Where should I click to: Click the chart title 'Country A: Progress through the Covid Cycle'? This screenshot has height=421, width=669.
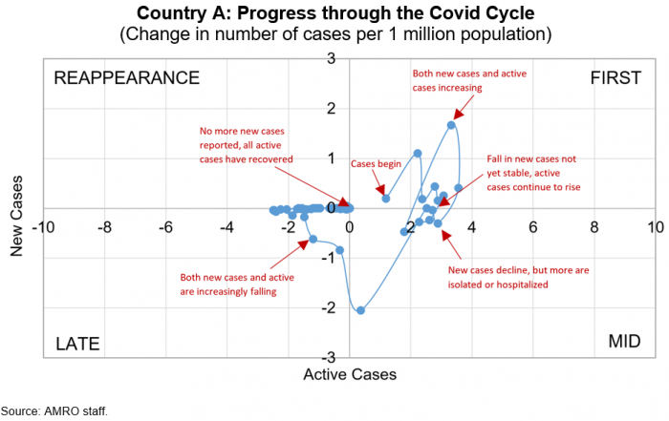point(334,14)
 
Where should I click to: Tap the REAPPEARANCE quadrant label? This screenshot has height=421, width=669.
point(126,77)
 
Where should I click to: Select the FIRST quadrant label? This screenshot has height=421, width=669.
point(615,77)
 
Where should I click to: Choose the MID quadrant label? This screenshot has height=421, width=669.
point(625,343)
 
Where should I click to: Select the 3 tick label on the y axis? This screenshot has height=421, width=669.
point(330,58)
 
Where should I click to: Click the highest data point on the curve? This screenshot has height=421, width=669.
point(451,125)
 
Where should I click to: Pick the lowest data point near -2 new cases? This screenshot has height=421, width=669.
point(361,310)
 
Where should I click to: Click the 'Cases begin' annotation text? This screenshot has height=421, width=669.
point(376,164)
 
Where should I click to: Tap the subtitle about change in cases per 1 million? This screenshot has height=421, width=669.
point(334,35)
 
